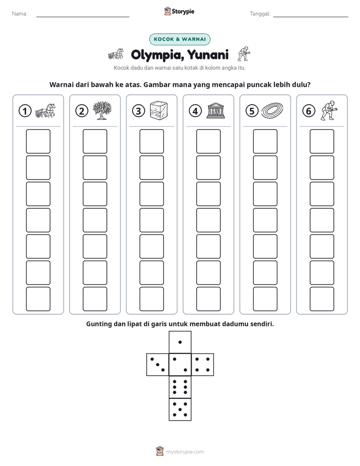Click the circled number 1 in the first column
pos(25,111)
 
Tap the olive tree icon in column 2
pos(102,110)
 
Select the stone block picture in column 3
pos(159,110)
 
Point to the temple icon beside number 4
pos(216,111)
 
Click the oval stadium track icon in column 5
pos(272,110)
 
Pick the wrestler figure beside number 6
pos(329,110)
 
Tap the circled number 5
pos(252,111)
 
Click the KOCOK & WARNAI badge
pos(179,39)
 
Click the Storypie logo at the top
pos(179,11)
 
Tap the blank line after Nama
pos(83,17)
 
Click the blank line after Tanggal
pos(311,17)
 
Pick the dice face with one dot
pos(180,342)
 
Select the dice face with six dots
pos(180,387)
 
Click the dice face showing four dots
pos(203,365)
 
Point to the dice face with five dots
pos(180,410)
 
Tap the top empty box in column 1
pos(38,141)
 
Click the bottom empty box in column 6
pos(322,299)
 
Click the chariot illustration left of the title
pos(116,54)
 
